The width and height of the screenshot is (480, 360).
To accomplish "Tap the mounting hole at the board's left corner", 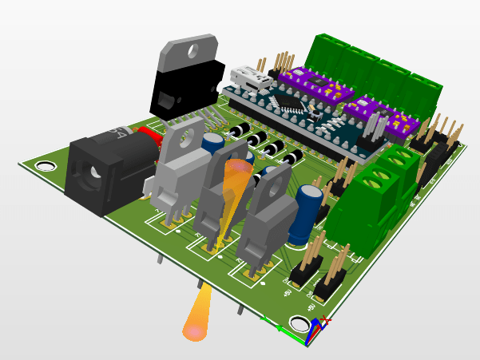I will click(46, 166).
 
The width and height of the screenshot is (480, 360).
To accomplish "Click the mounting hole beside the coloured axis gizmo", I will click(299, 323).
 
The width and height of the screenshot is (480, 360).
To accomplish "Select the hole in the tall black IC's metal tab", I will click(192, 50).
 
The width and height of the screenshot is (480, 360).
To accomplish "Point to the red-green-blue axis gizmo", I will click(317, 329).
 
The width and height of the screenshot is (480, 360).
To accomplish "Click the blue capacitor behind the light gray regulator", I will click(212, 144).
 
